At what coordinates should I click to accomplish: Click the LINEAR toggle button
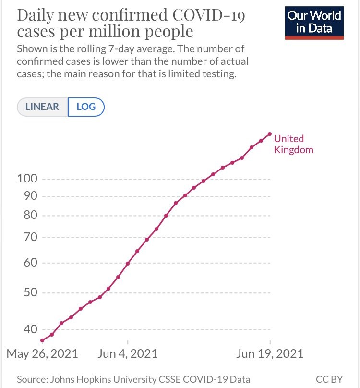43,107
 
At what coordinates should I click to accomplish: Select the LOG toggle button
86,107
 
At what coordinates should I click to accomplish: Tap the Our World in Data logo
314,22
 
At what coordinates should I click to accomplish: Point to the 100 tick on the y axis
27,179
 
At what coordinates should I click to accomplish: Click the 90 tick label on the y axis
31,196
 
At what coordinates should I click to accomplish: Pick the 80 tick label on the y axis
31,216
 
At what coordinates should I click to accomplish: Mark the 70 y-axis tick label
31,238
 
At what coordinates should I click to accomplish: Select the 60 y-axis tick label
31,263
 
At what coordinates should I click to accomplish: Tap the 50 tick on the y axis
31,293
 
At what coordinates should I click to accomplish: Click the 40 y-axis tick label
31,329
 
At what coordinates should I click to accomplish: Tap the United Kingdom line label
293,144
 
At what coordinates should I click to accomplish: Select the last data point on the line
270,134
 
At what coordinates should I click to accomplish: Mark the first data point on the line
42,340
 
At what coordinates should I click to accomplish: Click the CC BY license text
330,379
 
